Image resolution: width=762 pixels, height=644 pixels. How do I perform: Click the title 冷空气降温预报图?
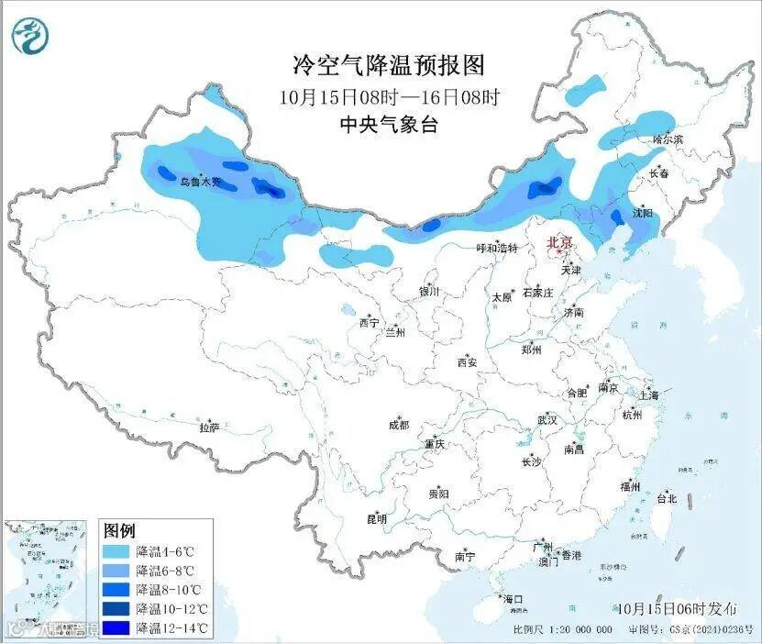tap(388, 65)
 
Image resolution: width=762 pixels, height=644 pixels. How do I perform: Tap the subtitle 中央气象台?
tap(388, 125)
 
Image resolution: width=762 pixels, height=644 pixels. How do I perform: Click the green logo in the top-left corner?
tap(29, 36)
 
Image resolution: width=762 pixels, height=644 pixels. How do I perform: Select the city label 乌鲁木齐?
tap(200, 183)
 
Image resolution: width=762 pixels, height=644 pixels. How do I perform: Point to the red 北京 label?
tap(559, 242)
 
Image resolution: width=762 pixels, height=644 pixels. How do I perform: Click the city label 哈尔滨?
tap(668, 139)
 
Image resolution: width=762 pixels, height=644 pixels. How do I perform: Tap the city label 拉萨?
tap(209, 427)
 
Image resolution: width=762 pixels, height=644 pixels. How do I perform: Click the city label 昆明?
tap(376, 518)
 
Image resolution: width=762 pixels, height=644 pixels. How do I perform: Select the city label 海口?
tap(514, 599)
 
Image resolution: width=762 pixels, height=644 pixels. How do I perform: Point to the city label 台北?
tap(666, 499)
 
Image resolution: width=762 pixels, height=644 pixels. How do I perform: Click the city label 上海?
tap(650, 395)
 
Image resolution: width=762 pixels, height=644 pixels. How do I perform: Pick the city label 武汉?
tap(547, 419)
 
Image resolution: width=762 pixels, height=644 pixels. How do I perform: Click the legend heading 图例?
tap(119, 531)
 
